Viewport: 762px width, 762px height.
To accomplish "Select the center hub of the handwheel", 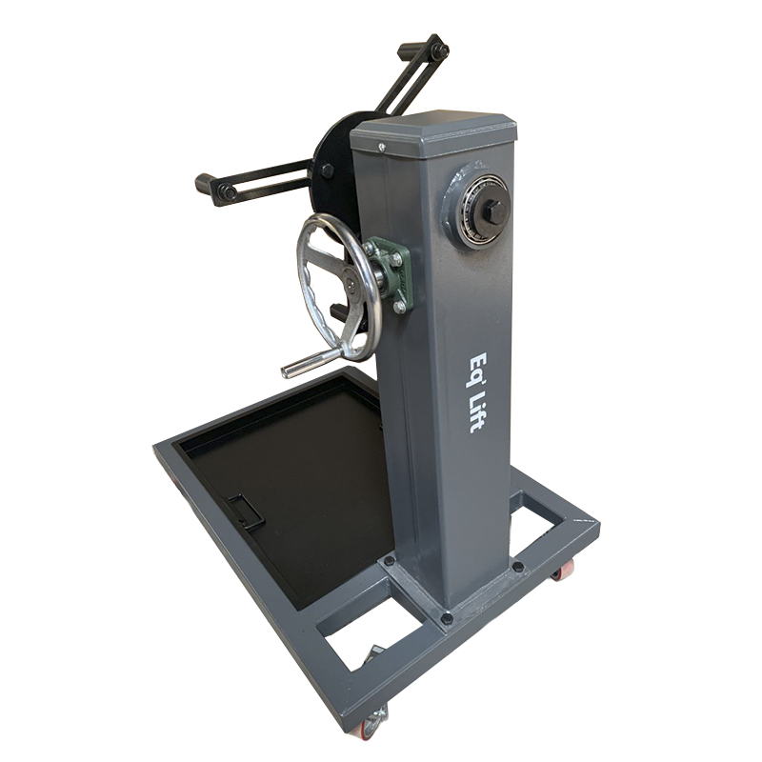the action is pyautogui.click(x=351, y=283).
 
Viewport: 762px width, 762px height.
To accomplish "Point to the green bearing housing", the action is pyautogui.click(x=391, y=273).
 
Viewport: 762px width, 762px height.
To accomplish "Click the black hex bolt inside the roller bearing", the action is pyautogui.click(x=494, y=211).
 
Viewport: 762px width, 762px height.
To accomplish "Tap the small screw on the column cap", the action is pyautogui.click(x=382, y=146).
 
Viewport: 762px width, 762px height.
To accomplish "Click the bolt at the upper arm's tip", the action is pyautogui.click(x=440, y=50).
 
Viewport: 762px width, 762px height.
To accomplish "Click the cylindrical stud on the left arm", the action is pyautogui.click(x=207, y=184).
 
